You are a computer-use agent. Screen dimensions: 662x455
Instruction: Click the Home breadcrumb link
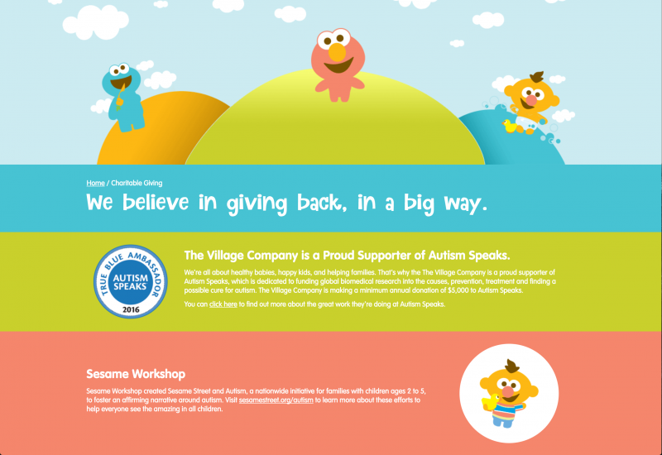point(95,183)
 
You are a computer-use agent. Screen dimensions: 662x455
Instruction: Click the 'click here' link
point(223,304)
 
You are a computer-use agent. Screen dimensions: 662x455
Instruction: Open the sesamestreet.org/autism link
point(276,400)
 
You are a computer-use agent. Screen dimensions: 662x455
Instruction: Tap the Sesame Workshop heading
point(136,374)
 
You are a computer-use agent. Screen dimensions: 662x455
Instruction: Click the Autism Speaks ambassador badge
point(131,281)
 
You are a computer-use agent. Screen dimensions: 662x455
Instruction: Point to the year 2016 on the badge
point(131,309)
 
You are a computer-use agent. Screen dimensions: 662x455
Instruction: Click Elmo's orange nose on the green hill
point(337,52)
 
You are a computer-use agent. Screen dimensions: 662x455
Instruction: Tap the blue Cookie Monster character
point(122,97)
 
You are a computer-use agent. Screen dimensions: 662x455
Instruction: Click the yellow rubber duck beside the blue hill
point(510,126)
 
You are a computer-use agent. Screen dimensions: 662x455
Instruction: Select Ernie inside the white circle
point(507,394)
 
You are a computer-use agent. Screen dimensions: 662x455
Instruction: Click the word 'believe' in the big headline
point(156,203)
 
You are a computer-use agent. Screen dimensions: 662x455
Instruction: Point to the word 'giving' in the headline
point(257,204)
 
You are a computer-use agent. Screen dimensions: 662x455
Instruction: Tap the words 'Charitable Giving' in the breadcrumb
point(137,183)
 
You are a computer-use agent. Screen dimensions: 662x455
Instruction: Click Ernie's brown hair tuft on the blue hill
point(536,77)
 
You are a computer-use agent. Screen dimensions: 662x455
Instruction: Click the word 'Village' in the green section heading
point(226,256)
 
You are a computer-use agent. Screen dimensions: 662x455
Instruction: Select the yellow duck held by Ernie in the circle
point(490,402)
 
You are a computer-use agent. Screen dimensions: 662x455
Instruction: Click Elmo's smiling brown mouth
point(338,66)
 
